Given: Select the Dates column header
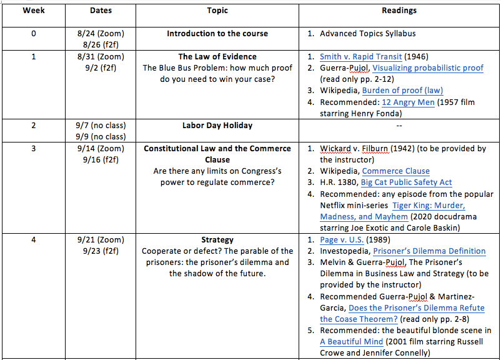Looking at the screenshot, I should pos(101,10).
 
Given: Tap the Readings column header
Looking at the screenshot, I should pos(399,10).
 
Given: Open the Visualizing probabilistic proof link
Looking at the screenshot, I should pos(428,67).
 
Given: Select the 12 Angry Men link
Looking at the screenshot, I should pos(408,102).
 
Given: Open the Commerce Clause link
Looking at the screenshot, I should pos(395,171).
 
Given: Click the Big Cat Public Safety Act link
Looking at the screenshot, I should pos(406,182).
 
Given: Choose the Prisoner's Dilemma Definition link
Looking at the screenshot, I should pos(429,251).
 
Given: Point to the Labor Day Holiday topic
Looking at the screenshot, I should pos(217,125).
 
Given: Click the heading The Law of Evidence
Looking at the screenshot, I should pos(217,56).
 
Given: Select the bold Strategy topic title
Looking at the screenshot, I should pos(217,239).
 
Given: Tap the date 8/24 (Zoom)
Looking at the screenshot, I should pos(101,33).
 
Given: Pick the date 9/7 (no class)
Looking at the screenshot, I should pos(101,125).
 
